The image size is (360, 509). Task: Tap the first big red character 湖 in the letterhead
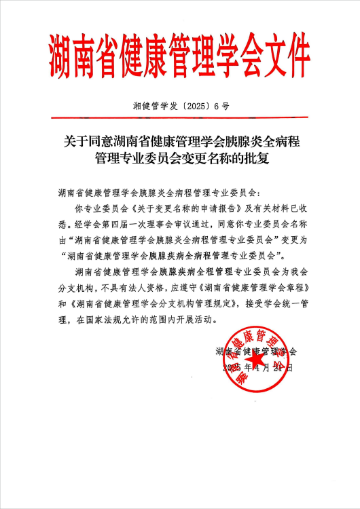tap(62, 58)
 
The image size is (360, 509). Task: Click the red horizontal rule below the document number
tap(180, 120)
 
